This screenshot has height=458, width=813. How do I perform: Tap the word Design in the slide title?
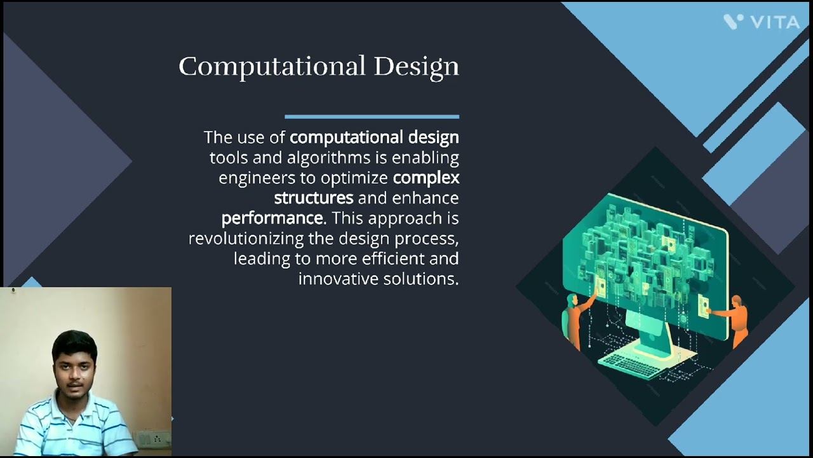(x=416, y=67)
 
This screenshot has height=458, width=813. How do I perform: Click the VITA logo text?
(x=775, y=22)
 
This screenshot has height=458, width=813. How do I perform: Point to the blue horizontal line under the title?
(x=372, y=116)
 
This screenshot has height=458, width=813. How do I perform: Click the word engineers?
(x=257, y=178)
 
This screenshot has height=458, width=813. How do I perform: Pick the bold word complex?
(x=426, y=178)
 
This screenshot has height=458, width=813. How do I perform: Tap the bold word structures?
(x=313, y=198)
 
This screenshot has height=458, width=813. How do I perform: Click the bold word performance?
(x=272, y=219)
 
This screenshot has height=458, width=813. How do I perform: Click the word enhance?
(x=425, y=198)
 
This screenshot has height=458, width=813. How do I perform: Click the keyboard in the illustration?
(x=629, y=364)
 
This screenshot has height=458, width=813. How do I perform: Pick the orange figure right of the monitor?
(x=736, y=318)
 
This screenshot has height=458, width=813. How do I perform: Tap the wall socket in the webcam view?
(x=153, y=439)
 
